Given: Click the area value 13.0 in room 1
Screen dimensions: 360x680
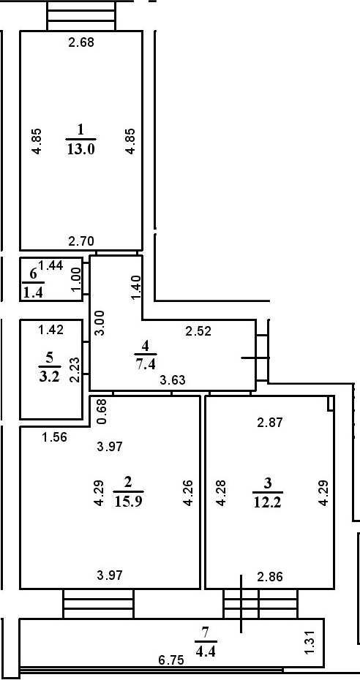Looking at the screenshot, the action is click(81, 150).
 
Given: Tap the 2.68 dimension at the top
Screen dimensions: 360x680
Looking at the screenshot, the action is click(81, 42).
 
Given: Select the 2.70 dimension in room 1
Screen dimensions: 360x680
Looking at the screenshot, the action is click(81, 241).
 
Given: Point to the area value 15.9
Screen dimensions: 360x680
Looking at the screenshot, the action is click(129, 502).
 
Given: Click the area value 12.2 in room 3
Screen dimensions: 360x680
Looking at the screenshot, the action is click(268, 502).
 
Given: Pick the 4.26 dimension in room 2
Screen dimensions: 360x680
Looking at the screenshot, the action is click(187, 493).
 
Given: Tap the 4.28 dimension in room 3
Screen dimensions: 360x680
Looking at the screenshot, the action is click(221, 493).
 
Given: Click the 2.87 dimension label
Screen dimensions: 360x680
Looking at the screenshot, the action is click(270, 423).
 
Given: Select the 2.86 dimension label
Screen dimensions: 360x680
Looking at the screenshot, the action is click(270, 577).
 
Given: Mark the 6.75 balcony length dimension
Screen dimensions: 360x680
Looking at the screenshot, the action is click(171, 660).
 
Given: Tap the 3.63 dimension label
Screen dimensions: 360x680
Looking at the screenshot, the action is click(173, 381).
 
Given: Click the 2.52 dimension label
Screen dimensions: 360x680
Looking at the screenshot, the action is click(198, 331).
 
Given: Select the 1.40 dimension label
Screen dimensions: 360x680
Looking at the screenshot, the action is click(135, 287).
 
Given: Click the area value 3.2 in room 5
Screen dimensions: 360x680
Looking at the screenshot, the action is click(49, 376).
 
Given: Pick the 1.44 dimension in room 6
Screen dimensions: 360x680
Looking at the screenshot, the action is click(50, 265).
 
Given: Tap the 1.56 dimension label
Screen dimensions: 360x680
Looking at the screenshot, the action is click(55, 438).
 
